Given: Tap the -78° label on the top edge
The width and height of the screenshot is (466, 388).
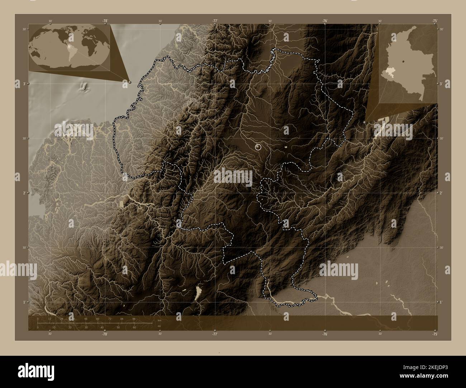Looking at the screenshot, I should click(105, 21).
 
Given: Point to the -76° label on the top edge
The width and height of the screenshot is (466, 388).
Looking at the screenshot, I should click(325, 21).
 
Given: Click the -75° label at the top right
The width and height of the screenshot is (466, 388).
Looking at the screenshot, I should click(434, 21).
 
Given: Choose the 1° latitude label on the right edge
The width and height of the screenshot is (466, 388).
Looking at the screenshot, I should click(441, 302).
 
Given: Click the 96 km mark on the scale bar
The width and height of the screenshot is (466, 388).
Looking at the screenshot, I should click(134, 318).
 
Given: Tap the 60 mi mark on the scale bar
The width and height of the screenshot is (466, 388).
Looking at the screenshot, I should click(134, 327).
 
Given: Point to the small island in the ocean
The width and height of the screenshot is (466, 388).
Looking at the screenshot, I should click(85, 86).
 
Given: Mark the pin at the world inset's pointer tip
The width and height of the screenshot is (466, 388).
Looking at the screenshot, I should click(130, 82).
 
